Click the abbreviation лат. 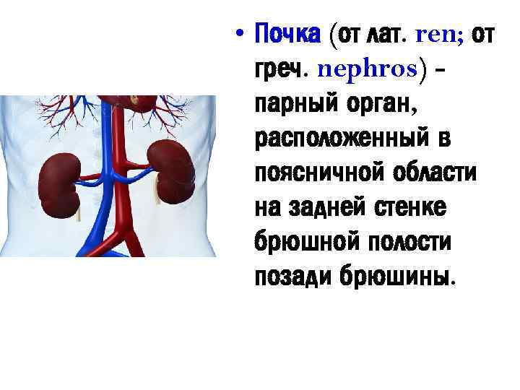(x=389, y=32)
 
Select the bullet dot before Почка (x=240, y=34)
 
